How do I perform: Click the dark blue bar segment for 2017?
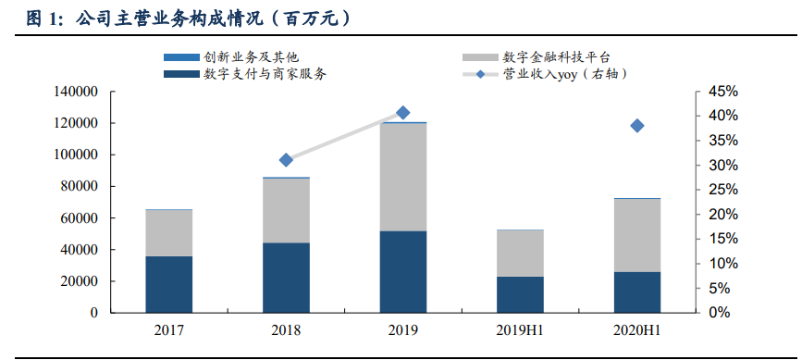pyautogui.click(x=168, y=284)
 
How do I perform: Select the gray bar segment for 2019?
pyautogui.click(x=403, y=176)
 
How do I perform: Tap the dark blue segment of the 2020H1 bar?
pyautogui.click(x=637, y=292)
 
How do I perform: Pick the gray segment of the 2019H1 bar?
pyautogui.click(x=520, y=253)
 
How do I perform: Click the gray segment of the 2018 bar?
pyautogui.click(x=286, y=210)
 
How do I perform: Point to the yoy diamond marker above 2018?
pyautogui.click(x=286, y=160)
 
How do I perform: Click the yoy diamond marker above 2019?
pyautogui.click(x=403, y=113)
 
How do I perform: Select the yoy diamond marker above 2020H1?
pyautogui.click(x=637, y=126)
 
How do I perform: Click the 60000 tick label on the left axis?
pyautogui.click(x=80, y=218)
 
